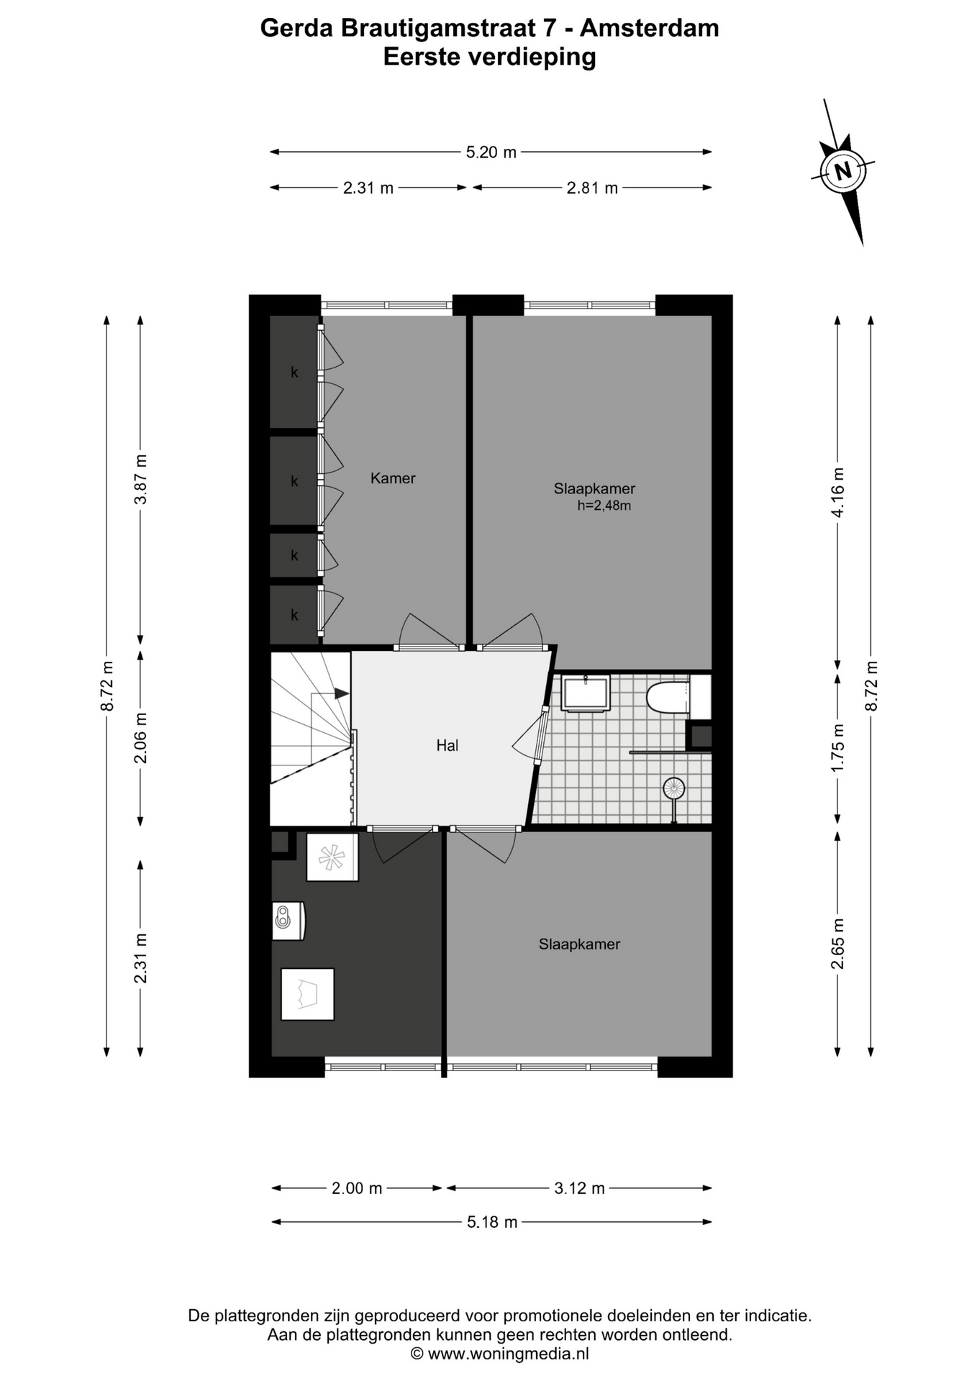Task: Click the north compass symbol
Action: click(x=843, y=171)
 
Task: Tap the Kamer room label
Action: click(x=393, y=478)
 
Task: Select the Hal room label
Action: click(x=447, y=746)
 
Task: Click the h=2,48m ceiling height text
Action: click(x=604, y=506)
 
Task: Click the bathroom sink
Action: click(x=586, y=693)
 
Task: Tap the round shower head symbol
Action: click(x=674, y=789)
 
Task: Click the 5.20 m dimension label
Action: click(x=491, y=152)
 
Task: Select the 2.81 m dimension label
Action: click(x=592, y=188)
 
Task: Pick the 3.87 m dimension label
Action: click(x=142, y=479)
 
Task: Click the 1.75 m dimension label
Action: click(x=838, y=748)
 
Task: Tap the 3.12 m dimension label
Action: click(x=579, y=1188)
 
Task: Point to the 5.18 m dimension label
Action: click(x=492, y=1222)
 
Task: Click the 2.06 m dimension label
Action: click(x=142, y=738)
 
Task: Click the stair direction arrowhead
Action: click(x=342, y=693)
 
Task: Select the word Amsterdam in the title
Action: click(x=649, y=28)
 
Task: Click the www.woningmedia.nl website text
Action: click(x=508, y=1354)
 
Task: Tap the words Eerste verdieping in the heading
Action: click(x=489, y=57)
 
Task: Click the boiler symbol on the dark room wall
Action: click(x=288, y=921)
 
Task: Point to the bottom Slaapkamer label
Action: click(x=579, y=944)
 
